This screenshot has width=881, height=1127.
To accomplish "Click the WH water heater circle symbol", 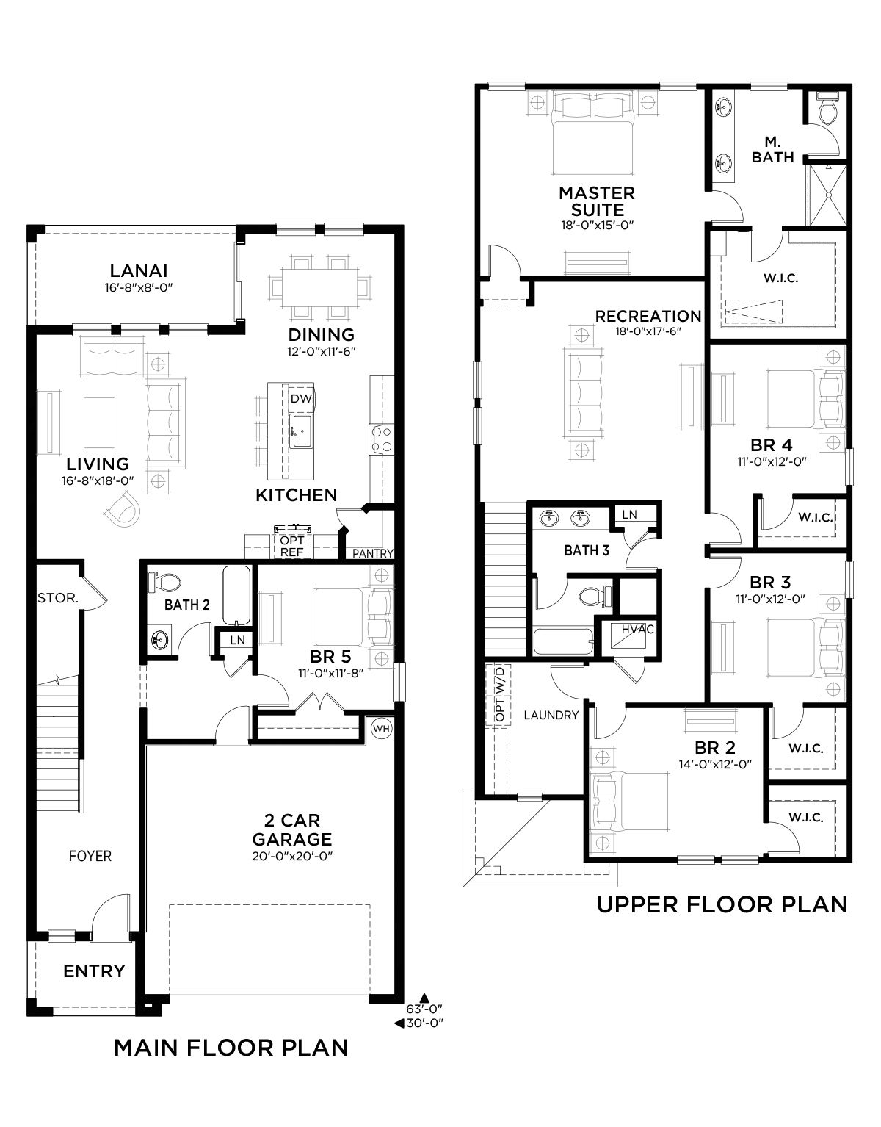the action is [x=381, y=728].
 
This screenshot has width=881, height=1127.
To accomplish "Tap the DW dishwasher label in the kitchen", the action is [x=301, y=398].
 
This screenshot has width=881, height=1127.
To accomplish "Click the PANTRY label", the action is [x=373, y=553].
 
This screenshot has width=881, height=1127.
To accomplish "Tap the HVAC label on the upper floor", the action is [x=637, y=629].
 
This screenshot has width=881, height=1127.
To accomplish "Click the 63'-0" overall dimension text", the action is [x=424, y=1009].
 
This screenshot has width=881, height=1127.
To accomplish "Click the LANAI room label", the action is [x=138, y=270].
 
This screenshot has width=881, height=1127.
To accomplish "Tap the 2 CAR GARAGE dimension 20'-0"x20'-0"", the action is [x=291, y=856].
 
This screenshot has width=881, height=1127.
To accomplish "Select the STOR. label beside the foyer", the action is [x=58, y=598].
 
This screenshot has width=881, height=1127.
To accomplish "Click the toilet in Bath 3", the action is [x=595, y=596].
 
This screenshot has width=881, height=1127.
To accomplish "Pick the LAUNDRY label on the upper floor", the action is [x=551, y=715].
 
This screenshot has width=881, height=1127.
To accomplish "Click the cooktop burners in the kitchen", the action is [x=382, y=439].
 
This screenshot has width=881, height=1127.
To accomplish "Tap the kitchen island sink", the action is [x=301, y=431].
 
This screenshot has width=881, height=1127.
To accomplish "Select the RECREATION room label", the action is [x=648, y=316].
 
